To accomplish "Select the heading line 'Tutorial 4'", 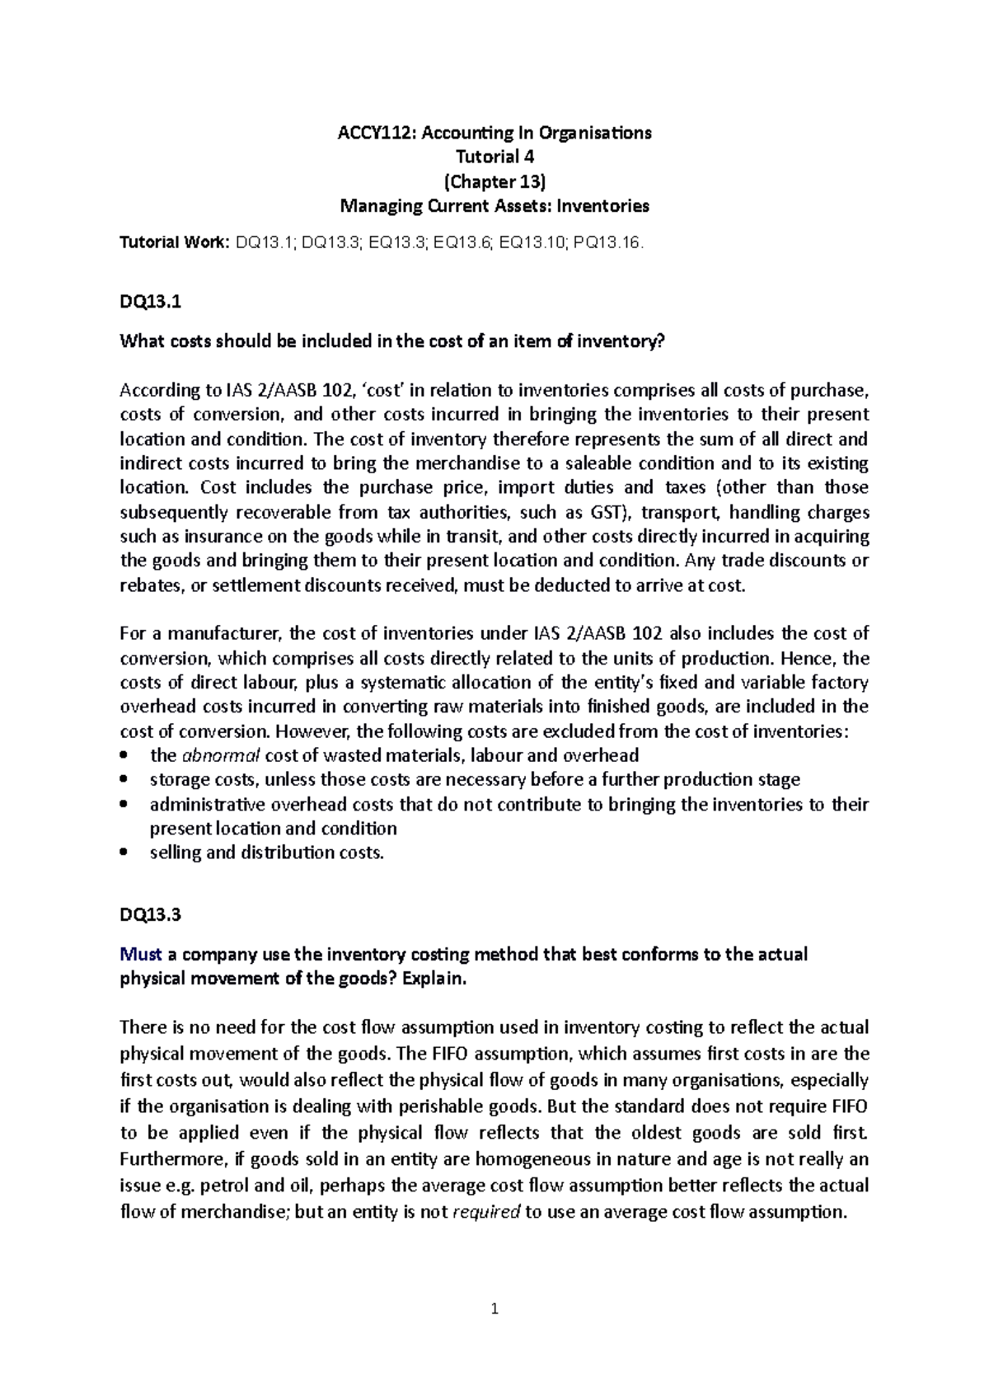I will point(494,157).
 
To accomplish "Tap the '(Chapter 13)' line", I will point(494,181).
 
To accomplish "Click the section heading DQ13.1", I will point(150,302).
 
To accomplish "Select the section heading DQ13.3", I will point(150,914).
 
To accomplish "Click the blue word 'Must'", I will point(141,955).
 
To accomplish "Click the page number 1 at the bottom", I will point(494,1308).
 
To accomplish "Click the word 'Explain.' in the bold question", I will point(433,979).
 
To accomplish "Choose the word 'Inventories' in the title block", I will point(603,206).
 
